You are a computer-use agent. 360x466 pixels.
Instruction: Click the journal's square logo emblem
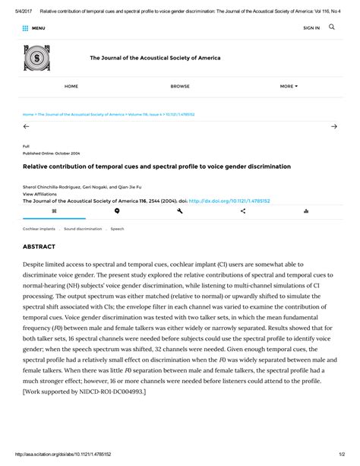click(x=36, y=58)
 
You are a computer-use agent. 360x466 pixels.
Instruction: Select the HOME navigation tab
click(x=71, y=87)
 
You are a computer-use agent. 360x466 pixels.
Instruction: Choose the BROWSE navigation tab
click(x=180, y=87)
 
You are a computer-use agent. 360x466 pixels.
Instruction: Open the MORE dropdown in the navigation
click(x=289, y=87)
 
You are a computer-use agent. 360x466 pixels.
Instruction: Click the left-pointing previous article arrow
click(x=27, y=126)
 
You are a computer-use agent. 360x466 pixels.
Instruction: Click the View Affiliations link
click(x=43, y=194)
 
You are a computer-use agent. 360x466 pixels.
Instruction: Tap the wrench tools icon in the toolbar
click(x=180, y=211)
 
